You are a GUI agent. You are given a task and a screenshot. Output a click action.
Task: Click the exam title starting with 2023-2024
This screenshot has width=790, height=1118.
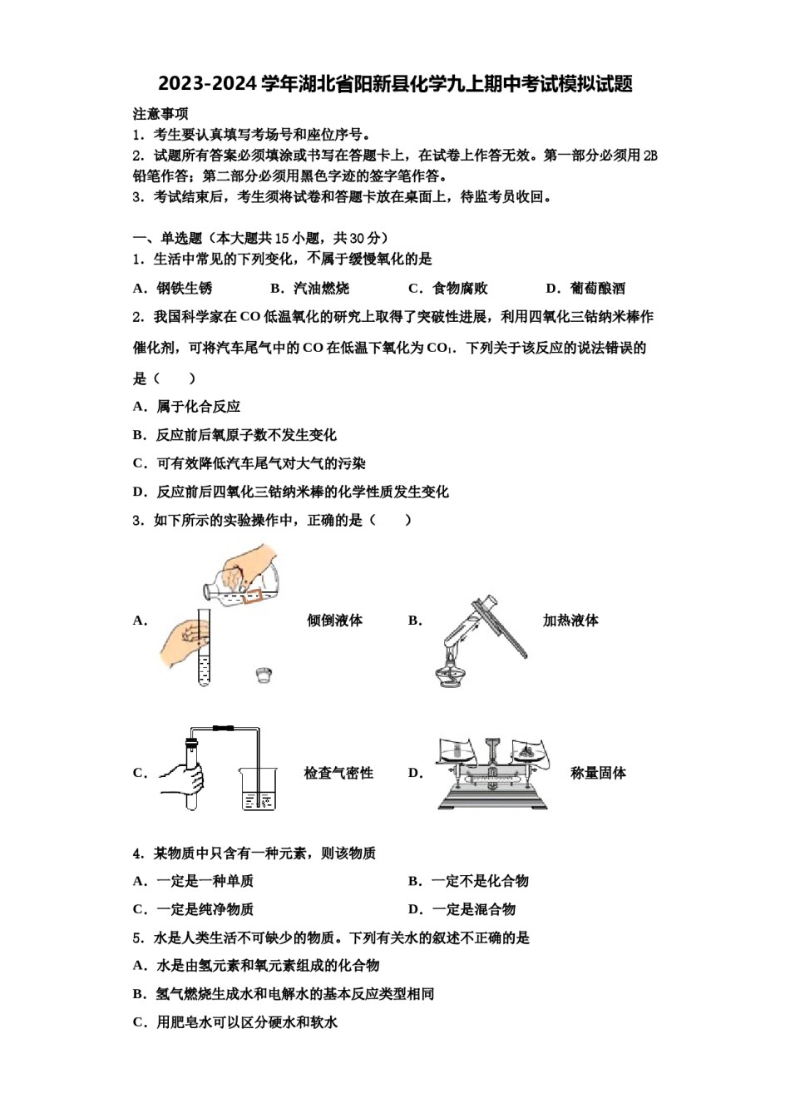(x=395, y=84)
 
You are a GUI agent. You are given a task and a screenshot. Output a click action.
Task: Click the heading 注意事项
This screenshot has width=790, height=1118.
(x=160, y=114)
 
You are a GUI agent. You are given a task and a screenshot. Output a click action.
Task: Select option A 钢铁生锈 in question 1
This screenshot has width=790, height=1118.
(x=173, y=289)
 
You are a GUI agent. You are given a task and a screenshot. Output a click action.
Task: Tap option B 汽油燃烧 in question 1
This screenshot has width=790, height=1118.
(x=310, y=289)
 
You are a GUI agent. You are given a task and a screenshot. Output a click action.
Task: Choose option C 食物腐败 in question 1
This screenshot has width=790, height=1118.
(x=448, y=289)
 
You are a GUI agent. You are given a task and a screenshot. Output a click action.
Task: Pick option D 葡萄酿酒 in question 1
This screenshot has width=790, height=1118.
(x=585, y=289)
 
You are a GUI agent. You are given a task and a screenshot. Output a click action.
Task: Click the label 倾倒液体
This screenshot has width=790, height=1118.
(x=334, y=621)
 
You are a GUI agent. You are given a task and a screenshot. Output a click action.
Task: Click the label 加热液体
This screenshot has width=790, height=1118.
(x=570, y=621)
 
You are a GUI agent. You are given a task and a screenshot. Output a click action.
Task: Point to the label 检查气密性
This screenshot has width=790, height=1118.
(x=338, y=773)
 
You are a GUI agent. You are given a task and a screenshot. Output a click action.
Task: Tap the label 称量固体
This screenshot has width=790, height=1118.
(x=598, y=773)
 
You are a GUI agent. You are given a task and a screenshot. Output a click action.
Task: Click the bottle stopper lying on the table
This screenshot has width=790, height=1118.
(x=264, y=675)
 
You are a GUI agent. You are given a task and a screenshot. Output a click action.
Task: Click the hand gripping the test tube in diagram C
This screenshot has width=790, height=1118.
(x=185, y=779)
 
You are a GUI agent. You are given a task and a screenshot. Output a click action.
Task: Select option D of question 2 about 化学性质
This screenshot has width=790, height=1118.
(x=291, y=492)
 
